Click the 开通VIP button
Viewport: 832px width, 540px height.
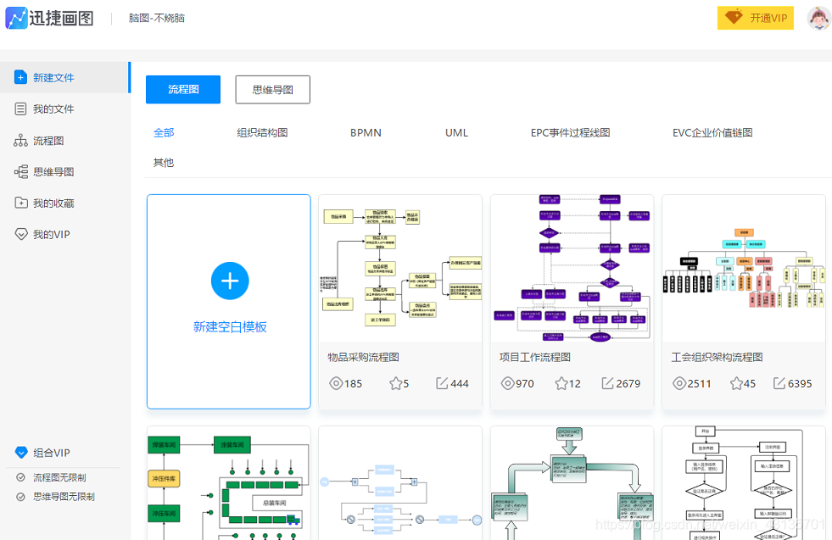[x=756, y=19]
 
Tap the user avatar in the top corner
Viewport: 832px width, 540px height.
[x=818, y=19]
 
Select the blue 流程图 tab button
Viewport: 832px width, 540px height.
[x=183, y=90]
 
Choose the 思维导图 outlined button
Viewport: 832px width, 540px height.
[x=272, y=90]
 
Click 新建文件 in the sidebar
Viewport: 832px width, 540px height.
[x=53, y=78]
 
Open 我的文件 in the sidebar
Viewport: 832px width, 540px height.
[x=53, y=109]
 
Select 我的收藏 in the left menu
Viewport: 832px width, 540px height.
[x=53, y=203]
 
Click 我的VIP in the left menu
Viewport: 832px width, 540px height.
[x=51, y=235]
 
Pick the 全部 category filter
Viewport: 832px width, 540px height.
[x=164, y=133]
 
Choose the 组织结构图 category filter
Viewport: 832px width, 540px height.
[x=262, y=133]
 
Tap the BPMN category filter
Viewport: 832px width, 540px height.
[x=366, y=133]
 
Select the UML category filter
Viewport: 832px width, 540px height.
[x=456, y=133]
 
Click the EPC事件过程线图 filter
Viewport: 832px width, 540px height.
[x=570, y=133]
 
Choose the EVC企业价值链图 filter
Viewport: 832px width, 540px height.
[x=712, y=133]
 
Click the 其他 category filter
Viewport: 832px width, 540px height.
[x=164, y=163]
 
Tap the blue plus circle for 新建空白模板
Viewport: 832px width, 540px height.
[x=230, y=281]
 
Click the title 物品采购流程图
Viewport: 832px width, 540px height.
[x=363, y=358]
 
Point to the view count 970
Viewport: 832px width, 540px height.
[x=525, y=384]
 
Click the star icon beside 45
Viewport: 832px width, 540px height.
[x=736, y=384]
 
